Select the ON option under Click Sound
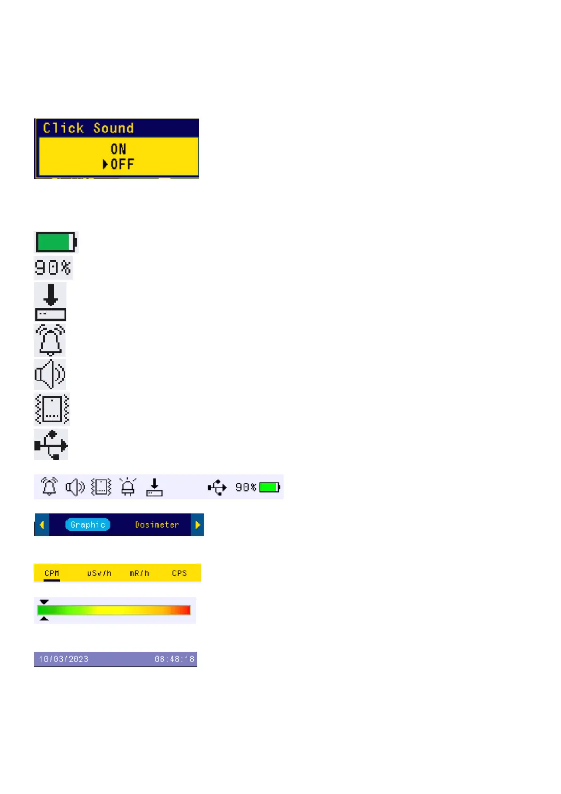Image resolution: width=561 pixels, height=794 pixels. [118, 149]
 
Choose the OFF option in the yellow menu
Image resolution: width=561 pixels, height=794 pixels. [122, 164]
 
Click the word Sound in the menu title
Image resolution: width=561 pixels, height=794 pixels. [113, 128]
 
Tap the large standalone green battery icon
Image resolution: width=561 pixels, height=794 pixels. [56, 242]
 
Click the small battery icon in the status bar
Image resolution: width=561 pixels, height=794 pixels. [269, 487]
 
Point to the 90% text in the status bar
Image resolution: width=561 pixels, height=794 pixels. [245, 487]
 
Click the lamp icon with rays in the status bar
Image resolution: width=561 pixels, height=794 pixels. [128, 487]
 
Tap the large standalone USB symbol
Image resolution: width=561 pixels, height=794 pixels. [51, 444]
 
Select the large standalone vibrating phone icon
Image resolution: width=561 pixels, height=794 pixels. [52, 409]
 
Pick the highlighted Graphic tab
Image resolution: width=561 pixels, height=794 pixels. [88, 525]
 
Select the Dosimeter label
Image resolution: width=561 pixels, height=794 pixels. [157, 525]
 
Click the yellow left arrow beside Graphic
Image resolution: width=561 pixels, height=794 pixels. [42, 525]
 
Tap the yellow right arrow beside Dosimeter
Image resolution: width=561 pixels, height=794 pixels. [197, 525]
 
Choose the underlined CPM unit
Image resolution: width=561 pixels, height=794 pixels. [52, 573]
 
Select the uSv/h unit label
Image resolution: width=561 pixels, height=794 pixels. [99, 573]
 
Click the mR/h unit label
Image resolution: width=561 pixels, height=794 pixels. [139, 573]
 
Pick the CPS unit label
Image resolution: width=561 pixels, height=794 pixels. [179, 573]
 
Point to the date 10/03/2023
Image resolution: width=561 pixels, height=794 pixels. [64, 659]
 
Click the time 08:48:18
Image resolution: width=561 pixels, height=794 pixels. [174, 659]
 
